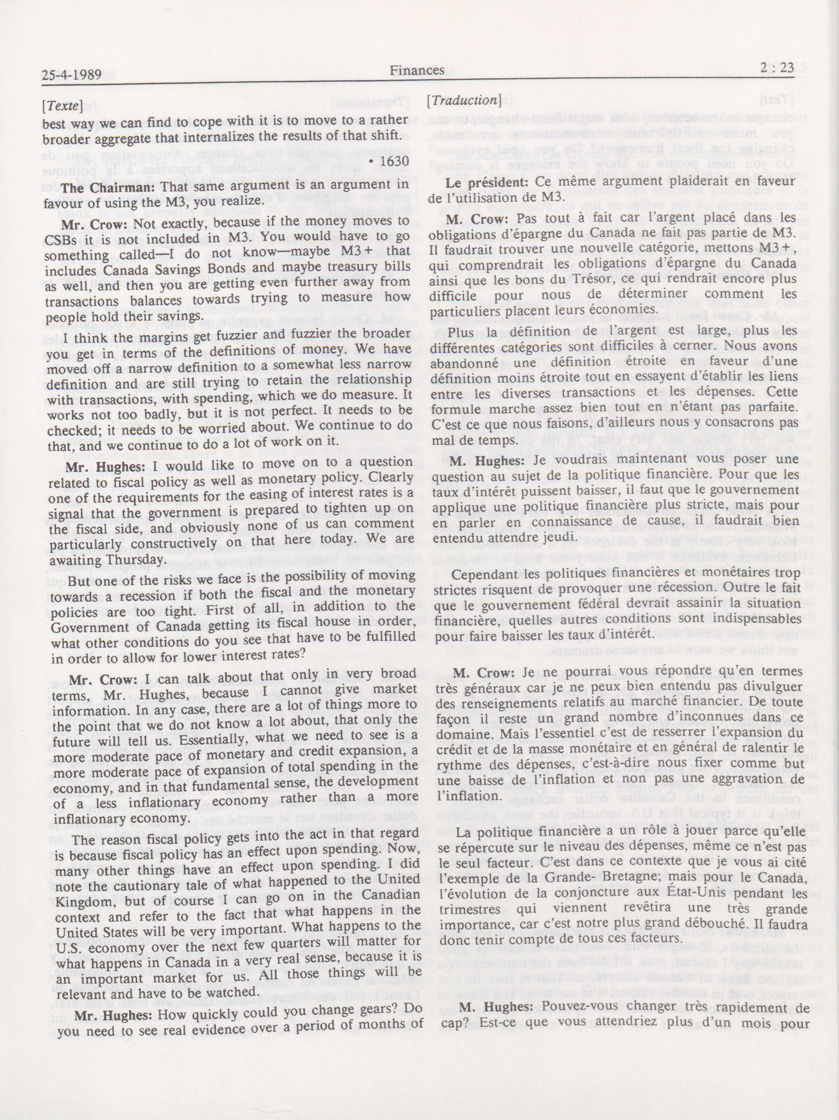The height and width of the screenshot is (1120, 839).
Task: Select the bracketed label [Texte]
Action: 63,106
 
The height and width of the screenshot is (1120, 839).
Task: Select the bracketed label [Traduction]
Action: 463,100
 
